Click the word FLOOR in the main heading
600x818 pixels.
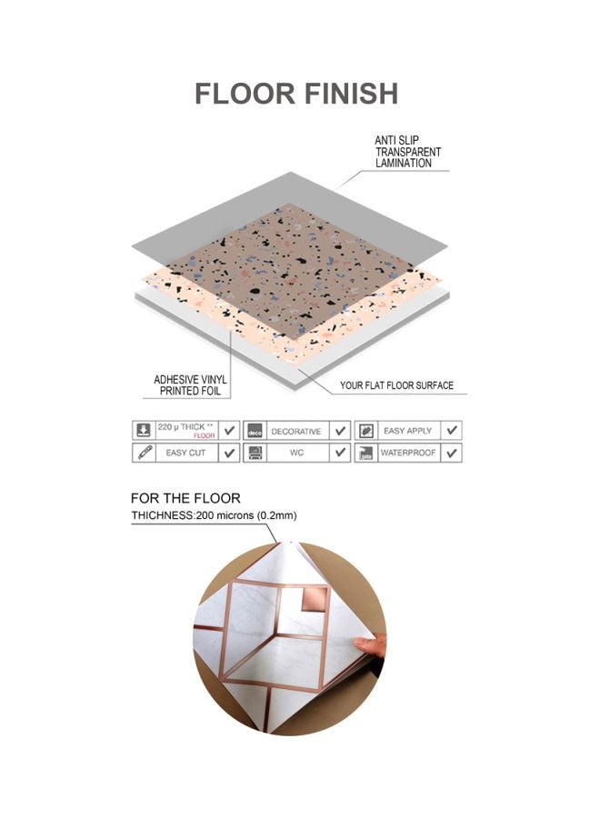click(x=245, y=94)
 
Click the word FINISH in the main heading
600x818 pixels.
click(x=351, y=94)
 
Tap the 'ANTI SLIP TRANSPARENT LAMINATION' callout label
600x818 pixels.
click(x=407, y=152)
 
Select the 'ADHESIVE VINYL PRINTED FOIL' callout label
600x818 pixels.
click(x=190, y=385)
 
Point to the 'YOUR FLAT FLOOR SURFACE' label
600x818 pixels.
click(x=396, y=385)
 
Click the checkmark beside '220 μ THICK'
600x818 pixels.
click(x=228, y=431)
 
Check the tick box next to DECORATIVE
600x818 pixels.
click(x=340, y=431)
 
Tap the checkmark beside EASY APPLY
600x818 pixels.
click(x=452, y=431)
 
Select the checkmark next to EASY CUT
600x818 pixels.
click(x=228, y=453)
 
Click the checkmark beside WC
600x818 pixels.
click(x=340, y=453)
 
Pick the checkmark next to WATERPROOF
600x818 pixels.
click(x=452, y=453)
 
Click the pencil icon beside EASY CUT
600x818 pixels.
click(x=145, y=453)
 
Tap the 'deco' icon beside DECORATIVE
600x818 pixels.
click(x=255, y=431)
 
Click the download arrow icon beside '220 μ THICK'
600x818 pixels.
click(x=143, y=431)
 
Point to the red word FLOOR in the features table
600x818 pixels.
click(x=204, y=435)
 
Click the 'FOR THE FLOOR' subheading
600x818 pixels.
click(x=185, y=498)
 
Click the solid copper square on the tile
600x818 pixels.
click(x=315, y=598)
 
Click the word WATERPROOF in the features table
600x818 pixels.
click(x=408, y=453)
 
